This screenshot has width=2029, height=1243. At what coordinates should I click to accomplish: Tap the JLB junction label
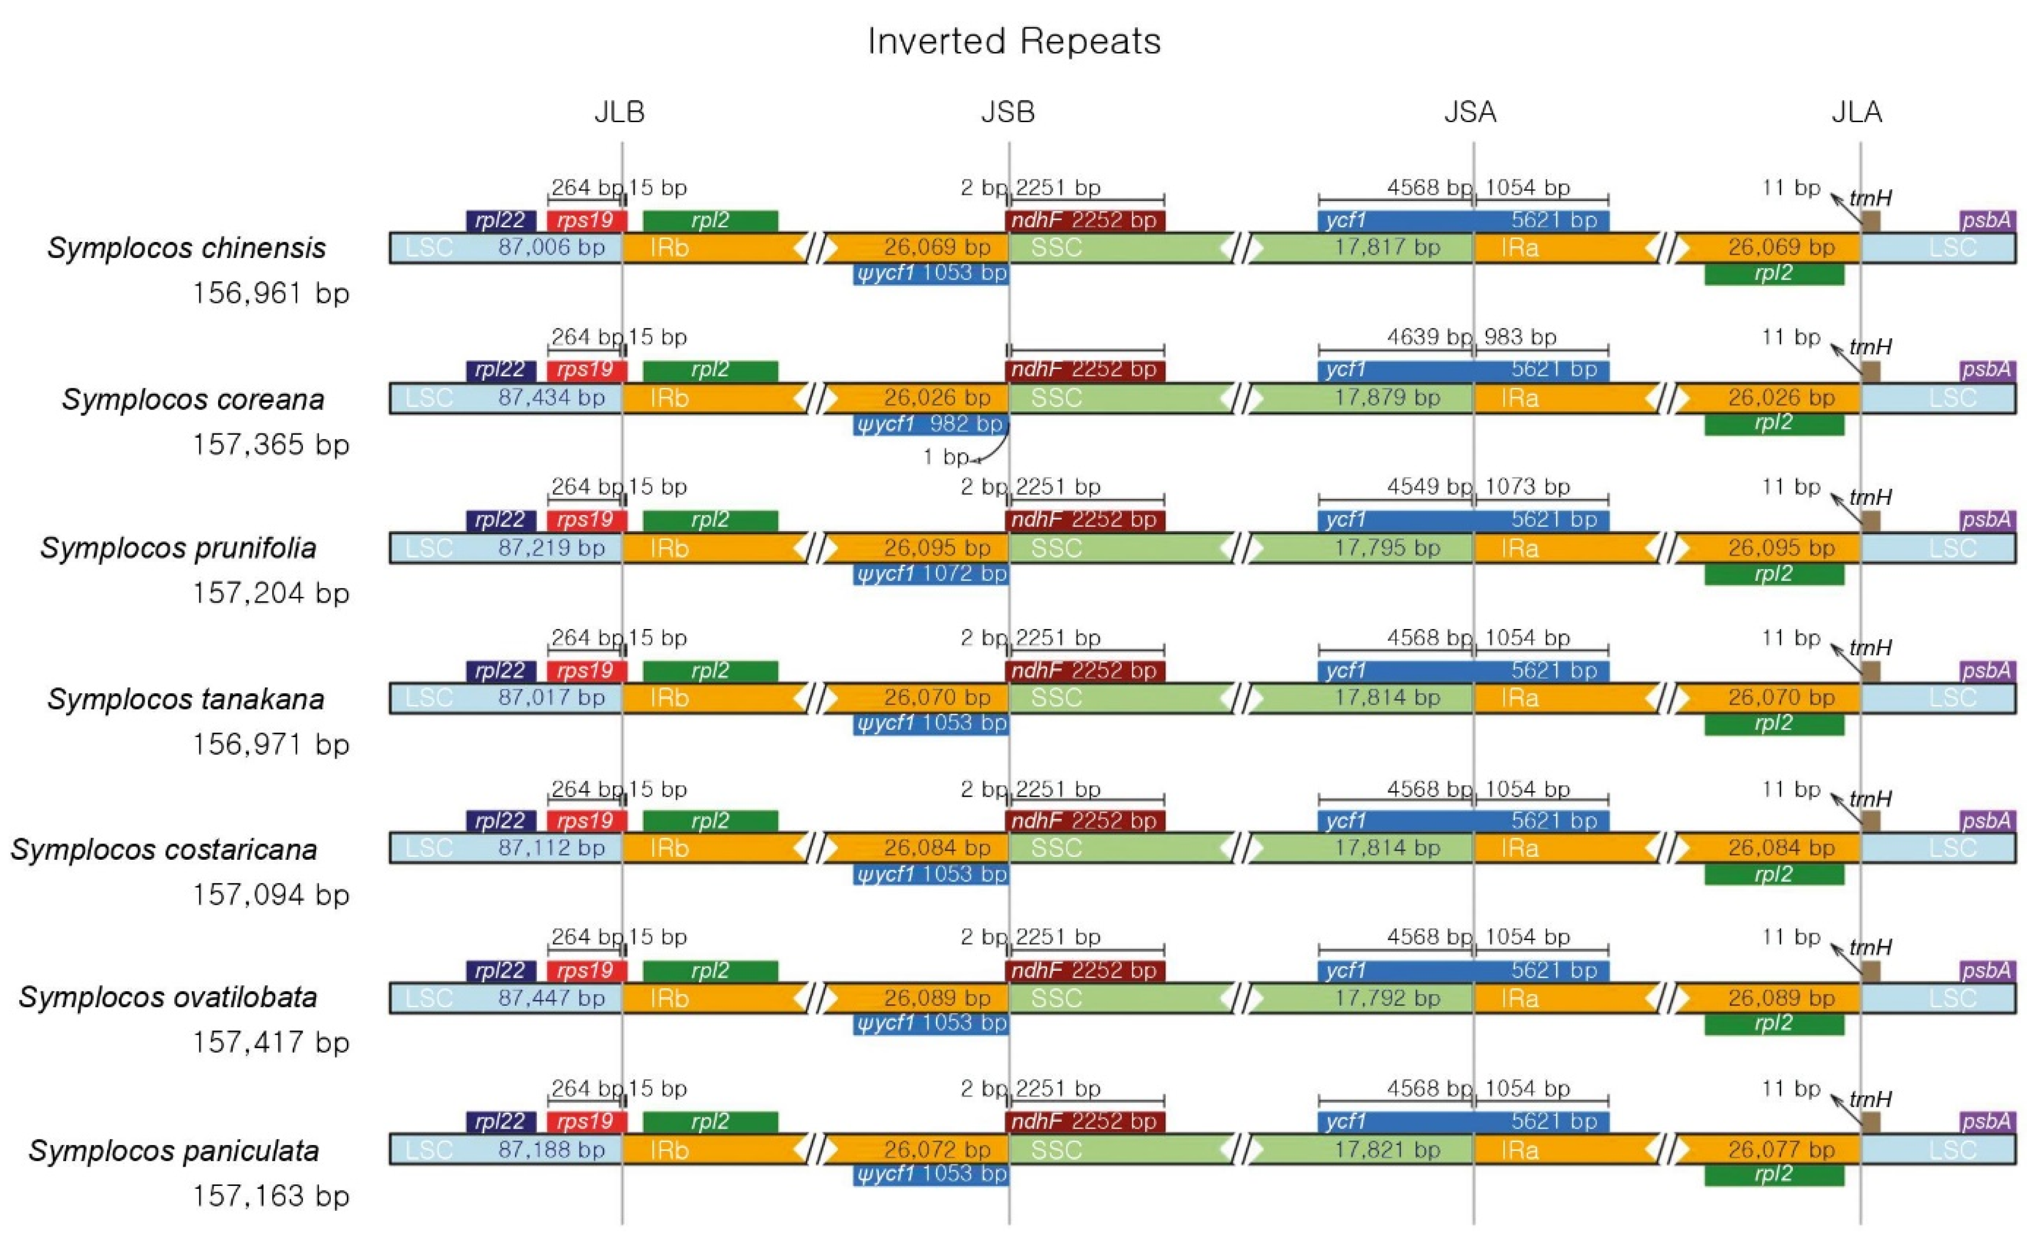pos(619,112)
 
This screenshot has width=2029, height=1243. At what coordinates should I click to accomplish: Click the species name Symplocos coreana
pos(193,399)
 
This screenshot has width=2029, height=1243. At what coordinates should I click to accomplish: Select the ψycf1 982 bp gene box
pos(930,424)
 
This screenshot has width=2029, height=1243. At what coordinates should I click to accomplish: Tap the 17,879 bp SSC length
pos(1387,398)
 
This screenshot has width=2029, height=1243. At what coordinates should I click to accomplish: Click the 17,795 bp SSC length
pos(1387,548)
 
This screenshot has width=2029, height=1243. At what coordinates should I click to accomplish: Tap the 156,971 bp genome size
pos(271,745)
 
